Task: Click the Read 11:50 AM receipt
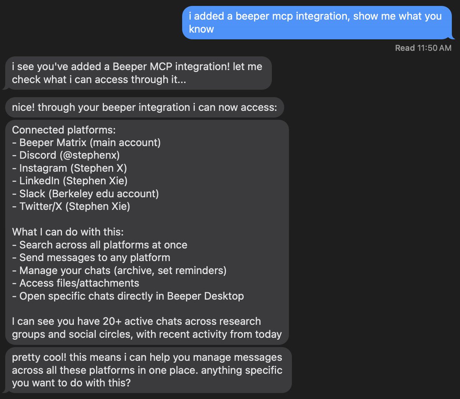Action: tap(423, 48)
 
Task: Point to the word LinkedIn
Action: tap(39, 181)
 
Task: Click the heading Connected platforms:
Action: tap(64, 130)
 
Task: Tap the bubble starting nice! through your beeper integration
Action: tap(144, 107)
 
